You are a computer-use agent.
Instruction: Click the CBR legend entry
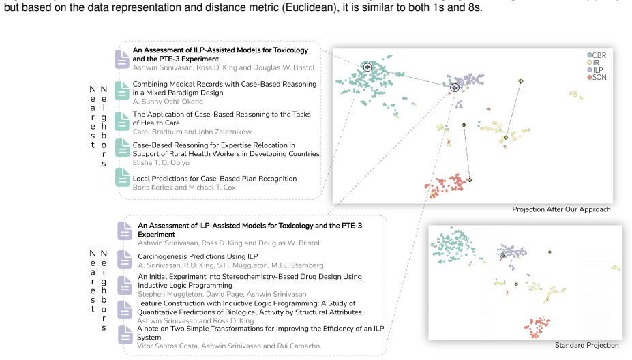click(x=597, y=55)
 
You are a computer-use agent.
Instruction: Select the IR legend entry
click(x=593, y=63)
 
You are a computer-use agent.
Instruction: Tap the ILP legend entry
click(x=595, y=70)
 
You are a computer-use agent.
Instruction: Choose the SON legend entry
click(x=597, y=78)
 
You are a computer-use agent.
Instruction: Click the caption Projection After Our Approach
click(x=561, y=209)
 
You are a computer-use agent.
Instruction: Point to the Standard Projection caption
click(x=586, y=345)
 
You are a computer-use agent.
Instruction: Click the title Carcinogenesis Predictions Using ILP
click(x=198, y=256)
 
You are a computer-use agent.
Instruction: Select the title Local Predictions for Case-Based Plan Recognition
click(x=215, y=179)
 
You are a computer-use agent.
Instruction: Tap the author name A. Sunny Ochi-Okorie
click(x=168, y=102)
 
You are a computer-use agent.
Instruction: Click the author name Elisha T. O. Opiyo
click(x=161, y=162)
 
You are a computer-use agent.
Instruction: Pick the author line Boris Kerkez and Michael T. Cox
click(x=184, y=187)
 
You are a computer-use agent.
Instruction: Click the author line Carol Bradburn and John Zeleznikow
click(x=192, y=132)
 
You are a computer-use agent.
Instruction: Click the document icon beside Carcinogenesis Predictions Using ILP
click(x=125, y=259)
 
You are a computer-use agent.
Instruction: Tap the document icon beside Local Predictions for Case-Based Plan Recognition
click(x=122, y=177)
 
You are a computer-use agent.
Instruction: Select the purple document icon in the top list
click(x=122, y=59)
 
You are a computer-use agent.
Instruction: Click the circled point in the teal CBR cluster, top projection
click(x=367, y=67)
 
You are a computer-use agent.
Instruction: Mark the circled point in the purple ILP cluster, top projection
click(x=455, y=87)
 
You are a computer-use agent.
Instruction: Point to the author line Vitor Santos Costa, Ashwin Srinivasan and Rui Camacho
click(x=228, y=346)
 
